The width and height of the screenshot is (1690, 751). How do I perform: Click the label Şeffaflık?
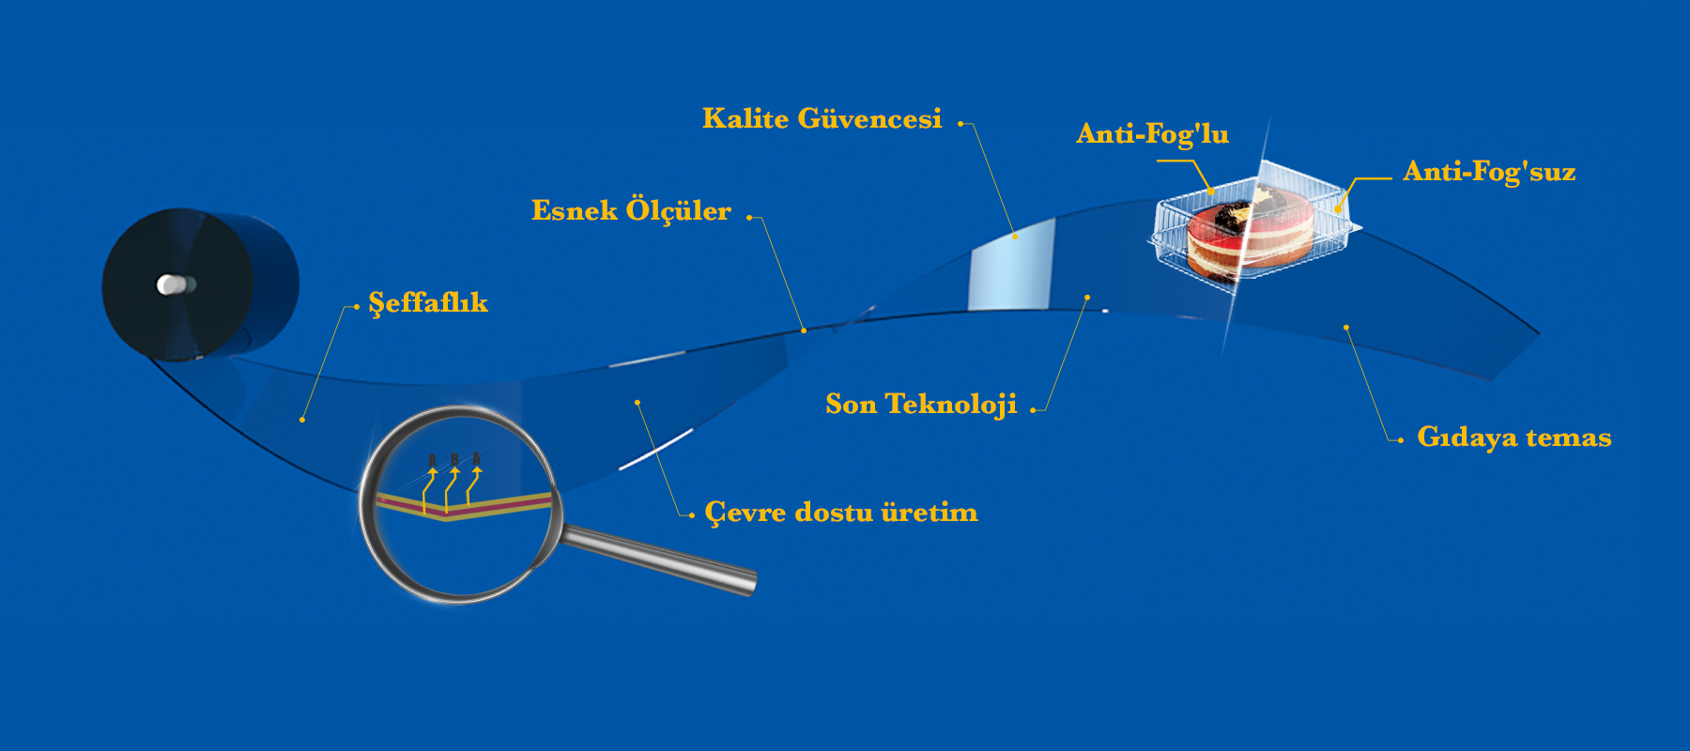(x=428, y=303)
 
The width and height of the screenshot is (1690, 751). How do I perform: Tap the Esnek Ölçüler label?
(x=631, y=210)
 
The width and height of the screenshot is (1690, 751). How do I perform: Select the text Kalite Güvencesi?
(x=822, y=118)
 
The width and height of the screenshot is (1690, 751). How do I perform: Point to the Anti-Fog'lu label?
(x=1152, y=134)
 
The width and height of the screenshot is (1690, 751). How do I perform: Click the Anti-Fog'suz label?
(x=1489, y=171)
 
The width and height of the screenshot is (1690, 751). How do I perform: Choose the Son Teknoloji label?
(x=921, y=405)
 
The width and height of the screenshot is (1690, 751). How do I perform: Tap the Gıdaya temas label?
(x=1513, y=437)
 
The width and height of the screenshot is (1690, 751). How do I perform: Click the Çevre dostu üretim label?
(x=841, y=513)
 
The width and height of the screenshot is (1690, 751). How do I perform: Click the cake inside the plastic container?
(x=1249, y=236)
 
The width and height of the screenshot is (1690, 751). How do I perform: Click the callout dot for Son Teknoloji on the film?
(x=1087, y=298)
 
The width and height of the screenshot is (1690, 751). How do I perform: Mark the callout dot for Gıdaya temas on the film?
(x=1346, y=328)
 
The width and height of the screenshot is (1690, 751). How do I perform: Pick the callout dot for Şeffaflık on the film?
(x=302, y=420)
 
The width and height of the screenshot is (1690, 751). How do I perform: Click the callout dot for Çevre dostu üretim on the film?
(x=638, y=403)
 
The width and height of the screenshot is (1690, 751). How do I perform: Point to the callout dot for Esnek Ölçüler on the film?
(x=804, y=330)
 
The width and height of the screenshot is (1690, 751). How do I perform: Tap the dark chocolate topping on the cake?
(x=1231, y=215)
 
